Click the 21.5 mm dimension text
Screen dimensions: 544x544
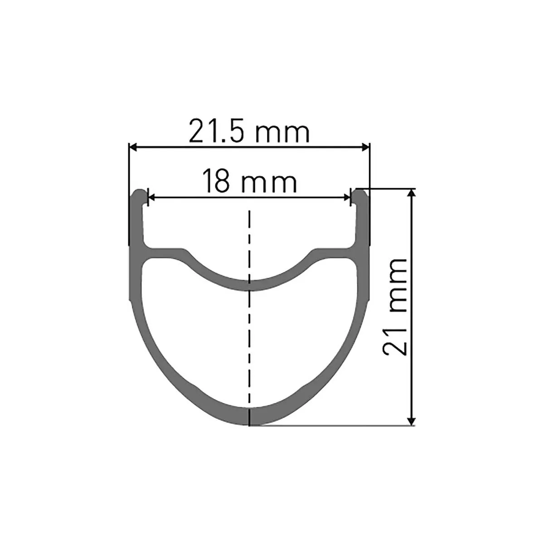(249, 132)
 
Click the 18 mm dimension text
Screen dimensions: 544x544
(249, 181)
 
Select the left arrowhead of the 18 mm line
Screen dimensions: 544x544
(152, 197)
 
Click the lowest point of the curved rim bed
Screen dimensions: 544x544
(249, 285)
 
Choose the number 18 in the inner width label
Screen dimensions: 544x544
(217, 181)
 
